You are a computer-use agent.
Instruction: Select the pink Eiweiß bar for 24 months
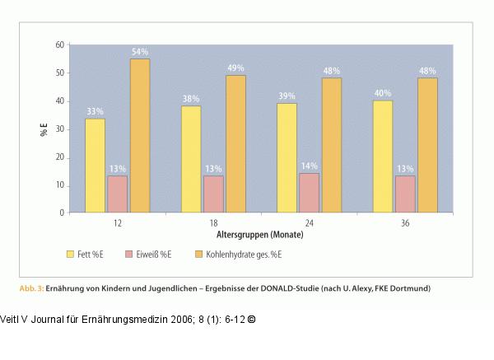(x=309, y=193)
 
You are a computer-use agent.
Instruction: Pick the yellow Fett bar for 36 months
(x=383, y=157)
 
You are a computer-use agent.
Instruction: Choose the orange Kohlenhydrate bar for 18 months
(x=235, y=144)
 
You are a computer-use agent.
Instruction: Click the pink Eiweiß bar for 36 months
(x=405, y=194)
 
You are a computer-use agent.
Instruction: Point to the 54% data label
(x=140, y=52)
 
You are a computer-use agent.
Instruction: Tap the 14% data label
(x=309, y=166)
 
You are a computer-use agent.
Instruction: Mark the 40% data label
(x=383, y=93)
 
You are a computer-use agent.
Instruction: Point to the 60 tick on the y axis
(x=59, y=44)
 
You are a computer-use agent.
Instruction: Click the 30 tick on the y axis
(x=59, y=129)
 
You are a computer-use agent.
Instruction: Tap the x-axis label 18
(x=213, y=223)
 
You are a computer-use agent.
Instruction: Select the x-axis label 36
(x=405, y=223)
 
